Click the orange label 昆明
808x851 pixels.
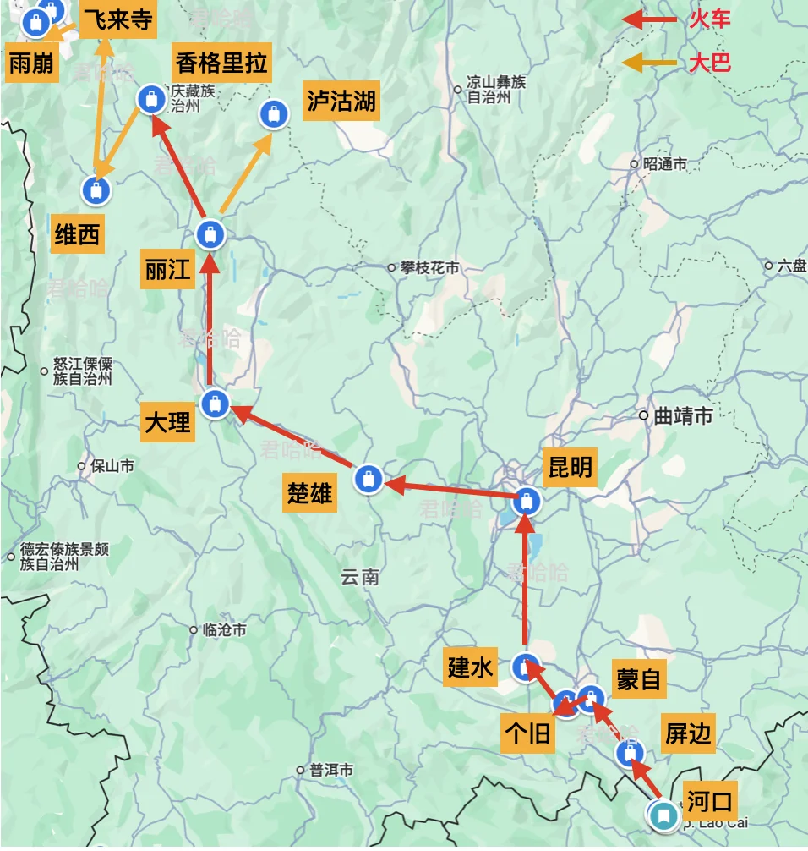pos(571,467)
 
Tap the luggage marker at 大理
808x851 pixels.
pos(216,404)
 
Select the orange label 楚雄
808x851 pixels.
pos(310,493)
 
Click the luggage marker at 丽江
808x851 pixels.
pos(210,234)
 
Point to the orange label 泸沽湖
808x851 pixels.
pos(341,103)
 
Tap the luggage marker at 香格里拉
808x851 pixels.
pos(151,99)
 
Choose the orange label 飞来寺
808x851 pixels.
pos(117,19)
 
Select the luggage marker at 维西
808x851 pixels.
pos(96,191)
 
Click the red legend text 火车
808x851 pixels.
pos(710,19)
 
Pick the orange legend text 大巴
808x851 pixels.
pos(709,63)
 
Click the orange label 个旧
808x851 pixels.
pos(528,734)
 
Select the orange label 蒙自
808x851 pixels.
pos(638,678)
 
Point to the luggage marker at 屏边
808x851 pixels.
pos(629,754)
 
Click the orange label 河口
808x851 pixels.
pos(709,798)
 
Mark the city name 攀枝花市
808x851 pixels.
pos(429,267)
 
